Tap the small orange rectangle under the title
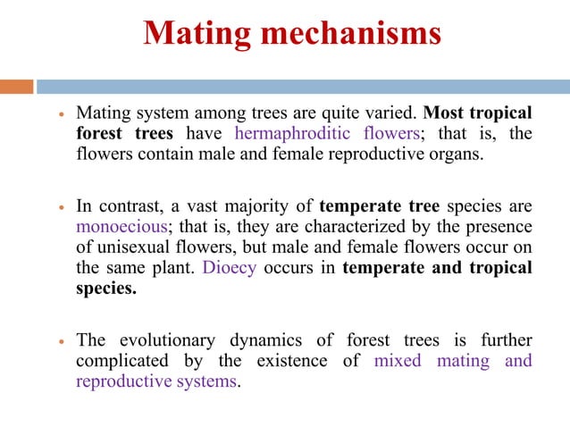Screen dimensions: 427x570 point(17,87)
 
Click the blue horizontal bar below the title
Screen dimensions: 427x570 point(304,87)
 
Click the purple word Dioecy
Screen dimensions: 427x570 point(229,268)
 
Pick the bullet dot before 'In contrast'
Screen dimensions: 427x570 point(58,207)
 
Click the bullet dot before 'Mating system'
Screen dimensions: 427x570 point(58,115)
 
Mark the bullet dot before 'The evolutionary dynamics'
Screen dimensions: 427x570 point(58,341)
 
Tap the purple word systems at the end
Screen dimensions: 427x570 point(208,381)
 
